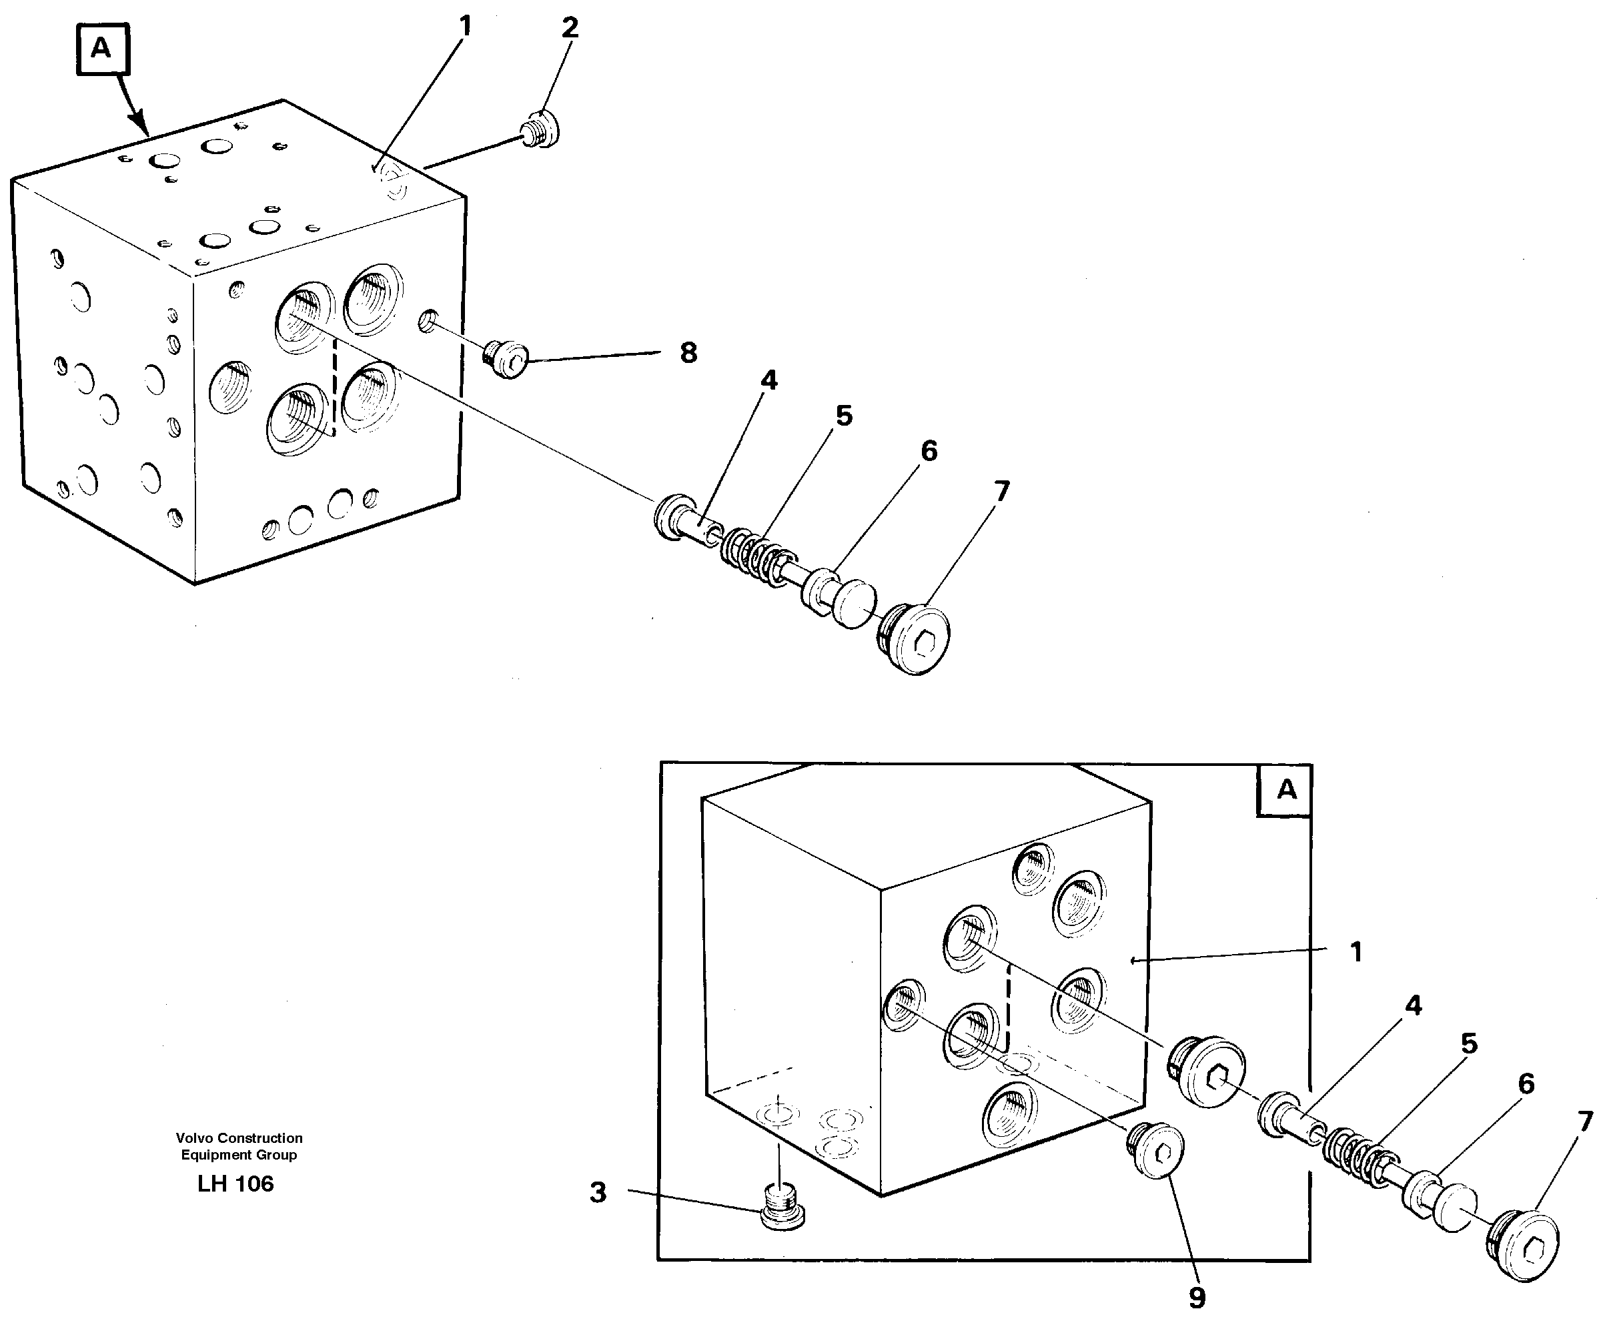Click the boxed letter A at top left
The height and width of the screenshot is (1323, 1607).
tap(102, 49)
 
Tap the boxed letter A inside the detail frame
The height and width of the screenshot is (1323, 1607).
tap(1286, 789)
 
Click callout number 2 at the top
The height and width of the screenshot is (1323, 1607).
tap(569, 29)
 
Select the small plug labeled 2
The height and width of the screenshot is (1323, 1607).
tap(542, 129)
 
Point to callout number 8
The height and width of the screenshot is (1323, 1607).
tap(688, 353)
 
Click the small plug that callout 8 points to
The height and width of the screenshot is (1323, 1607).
tap(507, 359)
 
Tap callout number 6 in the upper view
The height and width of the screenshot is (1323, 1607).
tap(929, 451)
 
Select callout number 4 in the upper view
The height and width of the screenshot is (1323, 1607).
tap(769, 380)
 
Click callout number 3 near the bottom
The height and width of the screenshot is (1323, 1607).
tap(598, 1193)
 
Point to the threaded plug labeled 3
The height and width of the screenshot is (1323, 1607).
tap(782, 1206)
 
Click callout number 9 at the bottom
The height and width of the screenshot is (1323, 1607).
tap(1197, 1298)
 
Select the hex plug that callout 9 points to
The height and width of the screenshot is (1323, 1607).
tap(1156, 1150)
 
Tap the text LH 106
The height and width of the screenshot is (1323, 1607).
tap(235, 1184)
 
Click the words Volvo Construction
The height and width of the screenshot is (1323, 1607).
tap(239, 1138)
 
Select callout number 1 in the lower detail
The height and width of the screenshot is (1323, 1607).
tap(1356, 952)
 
